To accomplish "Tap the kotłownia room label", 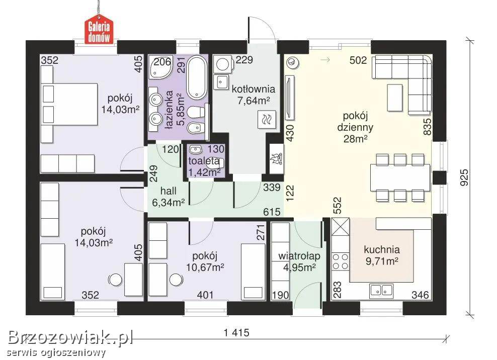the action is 253,89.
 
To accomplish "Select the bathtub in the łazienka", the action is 197,77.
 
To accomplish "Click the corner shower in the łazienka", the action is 160,68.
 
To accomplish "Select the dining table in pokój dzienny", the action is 400,177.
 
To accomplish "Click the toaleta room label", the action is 204,161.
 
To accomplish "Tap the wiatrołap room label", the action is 299,256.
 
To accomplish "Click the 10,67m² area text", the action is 205,267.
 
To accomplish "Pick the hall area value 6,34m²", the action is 169,202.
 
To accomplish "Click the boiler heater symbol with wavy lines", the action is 267,120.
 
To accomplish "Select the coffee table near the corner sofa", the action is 394,98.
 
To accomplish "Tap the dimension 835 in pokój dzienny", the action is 427,126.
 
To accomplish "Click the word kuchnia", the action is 382,249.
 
